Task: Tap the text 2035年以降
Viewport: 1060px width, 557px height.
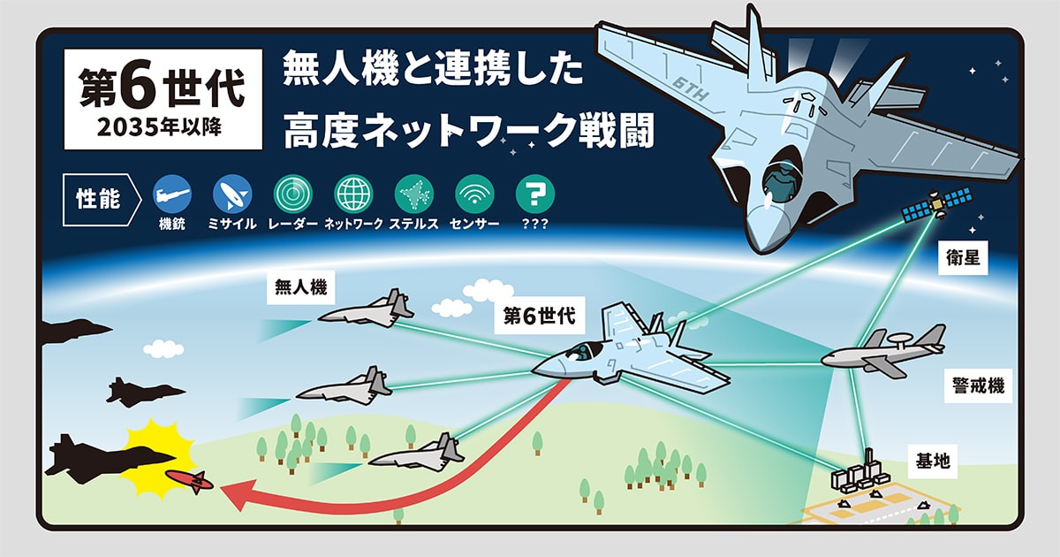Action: (x=163, y=125)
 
